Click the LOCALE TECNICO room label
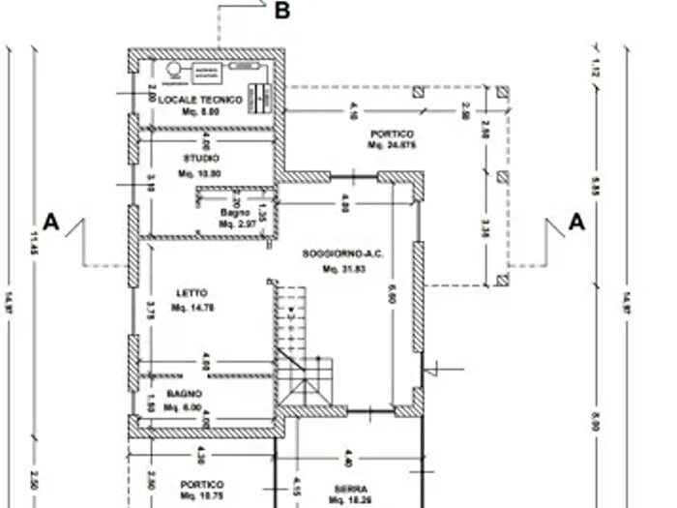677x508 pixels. (x=200, y=100)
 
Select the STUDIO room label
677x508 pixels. (x=201, y=158)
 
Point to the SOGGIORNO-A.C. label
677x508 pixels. (x=342, y=254)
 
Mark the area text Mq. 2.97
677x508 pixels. (x=235, y=224)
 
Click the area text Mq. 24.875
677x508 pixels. (x=391, y=145)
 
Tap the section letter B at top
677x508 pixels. (x=282, y=12)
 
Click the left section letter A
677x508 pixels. (x=51, y=222)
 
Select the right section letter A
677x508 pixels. (x=576, y=222)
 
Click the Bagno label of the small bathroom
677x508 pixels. (x=235, y=213)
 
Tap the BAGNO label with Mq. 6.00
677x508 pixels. (x=183, y=394)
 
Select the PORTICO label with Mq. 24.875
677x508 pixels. (x=391, y=133)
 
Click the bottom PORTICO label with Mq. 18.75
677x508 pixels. (x=201, y=484)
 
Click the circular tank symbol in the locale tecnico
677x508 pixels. (x=174, y=70)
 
